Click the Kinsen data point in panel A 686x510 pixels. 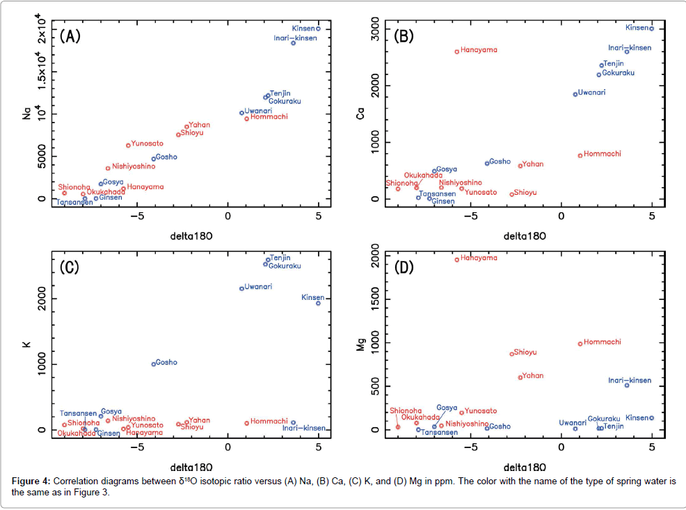tap(318, 29)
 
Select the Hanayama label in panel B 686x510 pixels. tap(479, 50)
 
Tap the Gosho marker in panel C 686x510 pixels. tap(154, 364)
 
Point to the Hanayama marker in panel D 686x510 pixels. tap(457, 260)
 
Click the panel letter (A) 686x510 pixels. tap(70, 36)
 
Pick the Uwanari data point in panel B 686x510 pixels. tap(575, 94)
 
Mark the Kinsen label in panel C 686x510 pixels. tap(312, 297)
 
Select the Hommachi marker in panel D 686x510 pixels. tap(580, 344)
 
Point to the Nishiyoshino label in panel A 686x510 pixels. tap(134, 166)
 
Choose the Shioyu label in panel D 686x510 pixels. tap(525, 352)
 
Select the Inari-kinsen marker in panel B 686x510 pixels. tap(627, 51)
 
